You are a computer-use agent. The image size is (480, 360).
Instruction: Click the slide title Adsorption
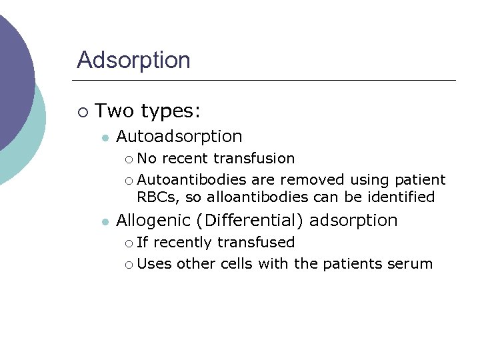pyautogui.click(x=133, y=60)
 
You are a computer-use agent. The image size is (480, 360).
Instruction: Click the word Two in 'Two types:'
pyautogui.click(x=114, y=110)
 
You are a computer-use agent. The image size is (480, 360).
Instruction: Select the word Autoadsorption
pyautogui.click(x=179, y=137)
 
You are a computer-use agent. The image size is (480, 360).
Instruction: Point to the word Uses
pyautogui.click(x=154, y=264)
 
